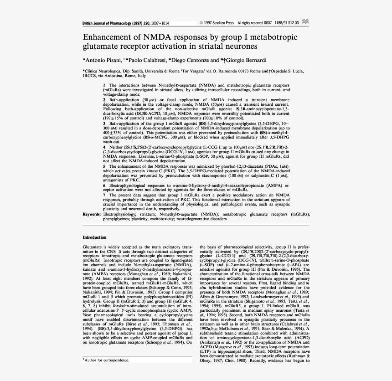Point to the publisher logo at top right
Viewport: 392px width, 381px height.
[304, 22]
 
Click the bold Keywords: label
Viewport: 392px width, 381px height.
[92, 214]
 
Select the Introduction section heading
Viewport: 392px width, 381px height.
[94, 237]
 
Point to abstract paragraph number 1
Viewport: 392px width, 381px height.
[104, 85]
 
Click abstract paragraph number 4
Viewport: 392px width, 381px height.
[104, 147]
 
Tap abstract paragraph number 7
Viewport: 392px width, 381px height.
[104, 195]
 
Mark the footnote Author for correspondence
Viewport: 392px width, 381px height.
[107, 360]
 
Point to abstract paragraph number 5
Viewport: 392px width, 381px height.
[104, 167]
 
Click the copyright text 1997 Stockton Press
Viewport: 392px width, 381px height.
[219, 22]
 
